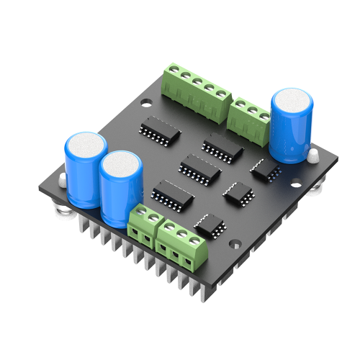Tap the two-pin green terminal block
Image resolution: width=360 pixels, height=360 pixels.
[x=143, y=225]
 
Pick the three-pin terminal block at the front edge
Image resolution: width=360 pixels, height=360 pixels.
[x=183, y=240]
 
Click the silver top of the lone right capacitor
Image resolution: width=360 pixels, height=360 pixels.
[x=292, y=101]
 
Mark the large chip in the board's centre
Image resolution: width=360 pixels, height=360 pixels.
[x=197, y=168]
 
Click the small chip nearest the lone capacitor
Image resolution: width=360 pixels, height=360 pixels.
[x=265, y=169]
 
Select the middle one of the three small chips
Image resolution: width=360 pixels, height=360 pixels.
[x=236, y=192]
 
